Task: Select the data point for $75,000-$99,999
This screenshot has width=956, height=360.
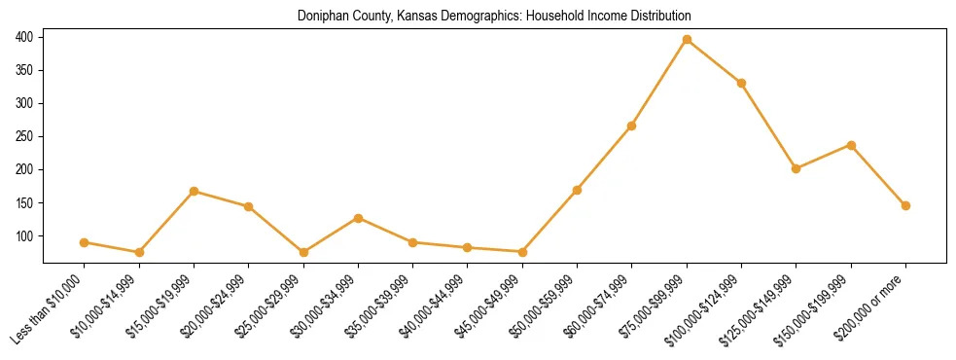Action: [687, 40]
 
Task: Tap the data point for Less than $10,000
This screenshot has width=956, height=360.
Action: [85, 242]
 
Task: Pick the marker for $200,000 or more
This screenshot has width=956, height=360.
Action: [905, 205]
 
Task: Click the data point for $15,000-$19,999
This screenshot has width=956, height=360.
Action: [195, 191]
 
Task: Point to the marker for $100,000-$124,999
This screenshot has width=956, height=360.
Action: [741, 83]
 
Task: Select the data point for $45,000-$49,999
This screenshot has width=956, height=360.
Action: [522, 252]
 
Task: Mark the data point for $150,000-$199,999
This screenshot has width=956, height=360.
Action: [851, 145]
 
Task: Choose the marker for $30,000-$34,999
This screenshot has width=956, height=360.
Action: [358, 218]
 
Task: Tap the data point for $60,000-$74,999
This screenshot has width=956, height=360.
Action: [632, 126]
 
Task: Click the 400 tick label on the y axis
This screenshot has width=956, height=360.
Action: [24, 37]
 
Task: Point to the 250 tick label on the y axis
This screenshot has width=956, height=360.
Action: [24, 136]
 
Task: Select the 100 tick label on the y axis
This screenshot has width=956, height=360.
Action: [24, 235]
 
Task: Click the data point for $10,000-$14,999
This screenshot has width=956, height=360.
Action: [139, 252]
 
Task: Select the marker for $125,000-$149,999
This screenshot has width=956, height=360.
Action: [796, 168]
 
